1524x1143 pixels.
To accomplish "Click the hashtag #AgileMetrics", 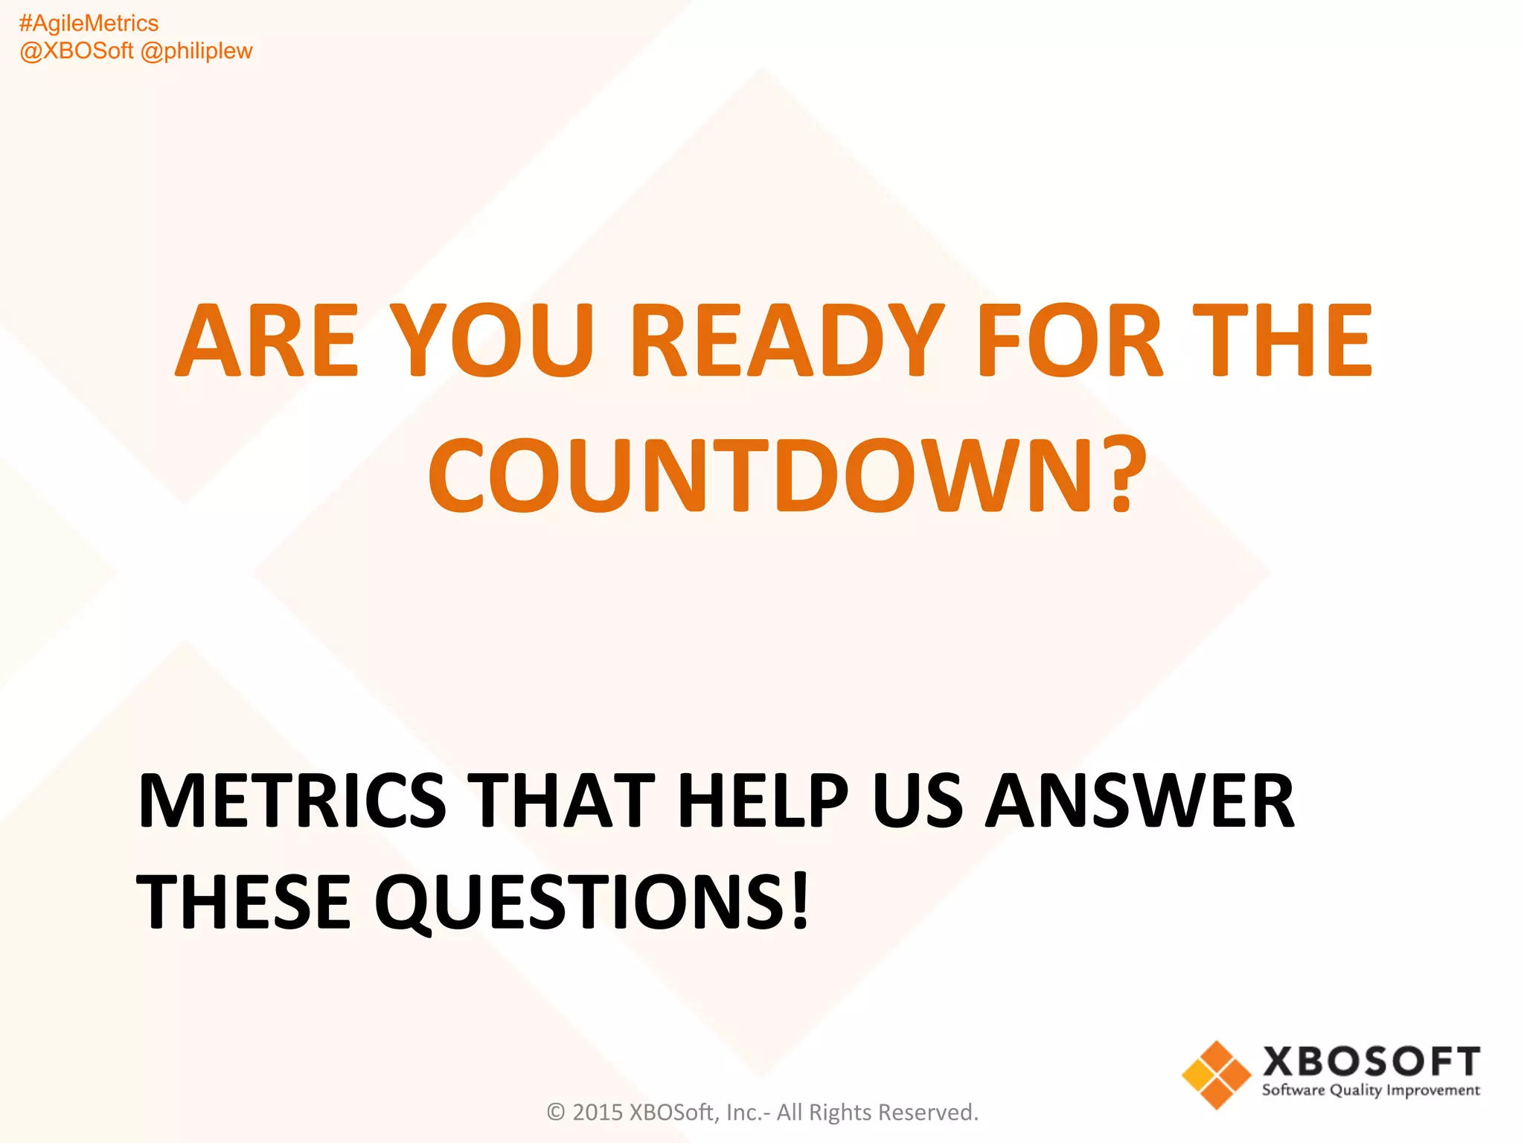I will pos(89,24).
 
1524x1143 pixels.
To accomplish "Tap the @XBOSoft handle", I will pos(77,51).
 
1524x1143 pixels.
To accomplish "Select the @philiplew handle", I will pos(196,51).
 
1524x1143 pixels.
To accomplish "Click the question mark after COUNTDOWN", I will pos(1124,476).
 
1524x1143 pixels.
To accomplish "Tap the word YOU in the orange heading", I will pos(492,341).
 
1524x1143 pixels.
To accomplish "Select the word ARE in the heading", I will pos(268,341).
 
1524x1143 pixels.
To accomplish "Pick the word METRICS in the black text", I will pos(292,801).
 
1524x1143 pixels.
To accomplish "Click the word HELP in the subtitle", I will pos(763,801).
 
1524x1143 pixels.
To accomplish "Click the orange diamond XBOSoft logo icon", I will pos(1216,1075).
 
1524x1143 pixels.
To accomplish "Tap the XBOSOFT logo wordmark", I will pos(1371,1062).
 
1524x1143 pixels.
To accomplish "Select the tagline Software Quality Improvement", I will pos(1371,1091).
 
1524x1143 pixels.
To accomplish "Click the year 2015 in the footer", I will pos(597,1112).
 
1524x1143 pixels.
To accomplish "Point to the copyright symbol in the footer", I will pos(556,1112).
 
